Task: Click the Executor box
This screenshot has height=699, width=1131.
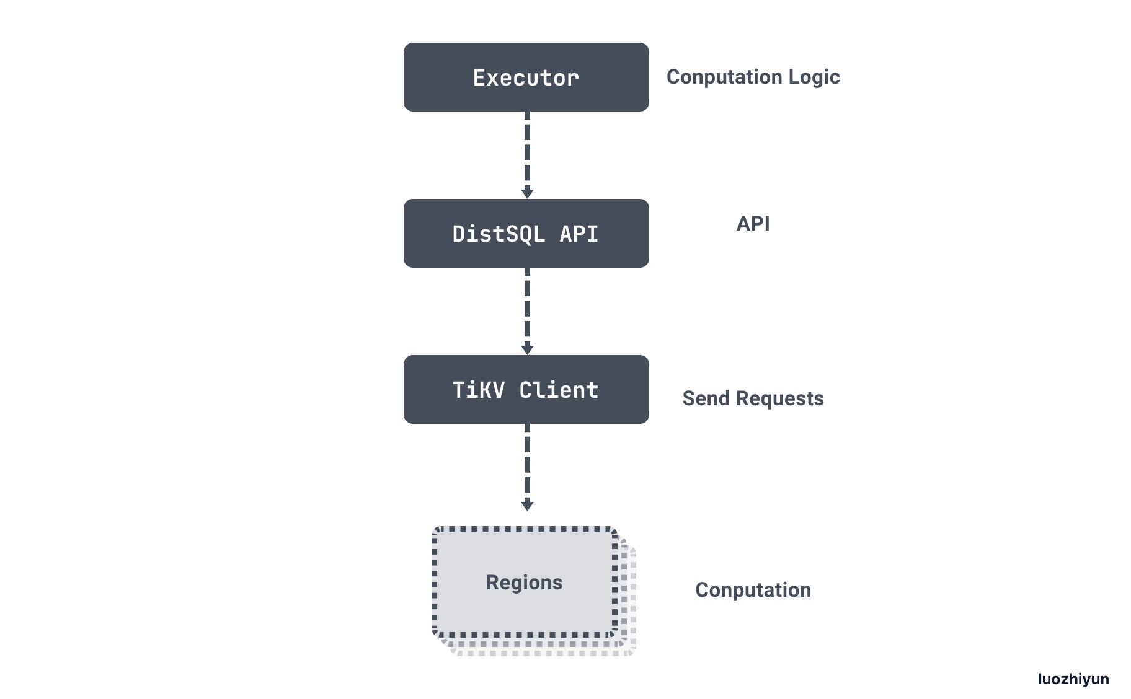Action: coord(526,77)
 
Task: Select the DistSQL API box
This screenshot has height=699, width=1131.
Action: coord(526,234)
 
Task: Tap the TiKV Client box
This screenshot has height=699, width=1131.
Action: coord(526,390)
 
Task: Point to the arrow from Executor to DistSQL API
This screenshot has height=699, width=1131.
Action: coord(527,155)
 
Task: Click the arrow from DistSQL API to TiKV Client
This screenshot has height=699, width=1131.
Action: coord(527,311)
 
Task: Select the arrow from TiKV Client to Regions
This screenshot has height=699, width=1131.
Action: coord(527,467)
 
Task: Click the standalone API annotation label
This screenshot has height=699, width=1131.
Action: coord(753,223)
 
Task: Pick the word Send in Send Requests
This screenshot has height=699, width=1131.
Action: coord(706,398)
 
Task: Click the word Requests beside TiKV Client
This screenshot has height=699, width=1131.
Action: coord(780,399)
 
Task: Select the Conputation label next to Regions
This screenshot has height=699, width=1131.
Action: coord(753,591)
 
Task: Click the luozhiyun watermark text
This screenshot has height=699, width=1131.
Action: coord(1073,679)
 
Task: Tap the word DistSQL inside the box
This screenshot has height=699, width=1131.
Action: coord(499,234)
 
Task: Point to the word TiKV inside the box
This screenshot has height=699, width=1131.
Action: coord(479,390)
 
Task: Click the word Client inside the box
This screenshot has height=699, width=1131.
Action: coord(559,390)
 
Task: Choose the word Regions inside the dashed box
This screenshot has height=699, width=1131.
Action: coord(525,582)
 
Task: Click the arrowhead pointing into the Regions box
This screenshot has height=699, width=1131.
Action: coord(527,504)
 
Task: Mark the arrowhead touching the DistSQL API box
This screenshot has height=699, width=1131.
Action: coord(527,192)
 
